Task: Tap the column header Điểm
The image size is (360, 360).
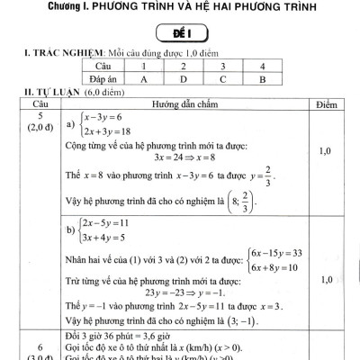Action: pyautogui.click(x=328, y=105)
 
